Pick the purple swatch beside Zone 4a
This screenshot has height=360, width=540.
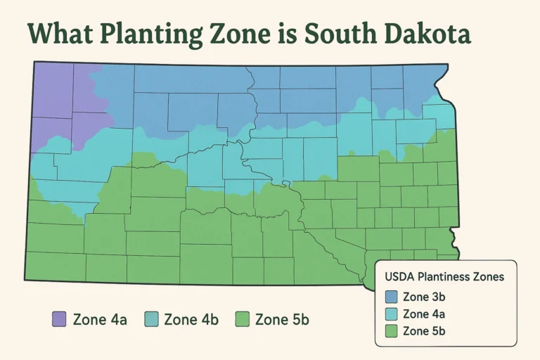pos(58,319)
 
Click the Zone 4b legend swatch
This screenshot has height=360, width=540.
pos(150,319)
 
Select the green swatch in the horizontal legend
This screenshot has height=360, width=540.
pos(242,319)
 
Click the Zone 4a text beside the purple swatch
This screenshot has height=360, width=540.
pos(99,319)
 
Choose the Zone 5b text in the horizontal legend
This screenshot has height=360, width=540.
pos(282,319)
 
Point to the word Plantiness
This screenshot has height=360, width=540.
pos(446,277)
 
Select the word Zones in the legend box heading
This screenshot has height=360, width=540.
pos(489,277)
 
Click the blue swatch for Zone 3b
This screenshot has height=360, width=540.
pos(392,297)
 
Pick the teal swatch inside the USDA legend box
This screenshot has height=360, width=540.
pos(392,314)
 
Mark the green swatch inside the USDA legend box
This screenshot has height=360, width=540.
pos(392,330)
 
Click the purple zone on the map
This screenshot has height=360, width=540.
pos(56,98)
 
